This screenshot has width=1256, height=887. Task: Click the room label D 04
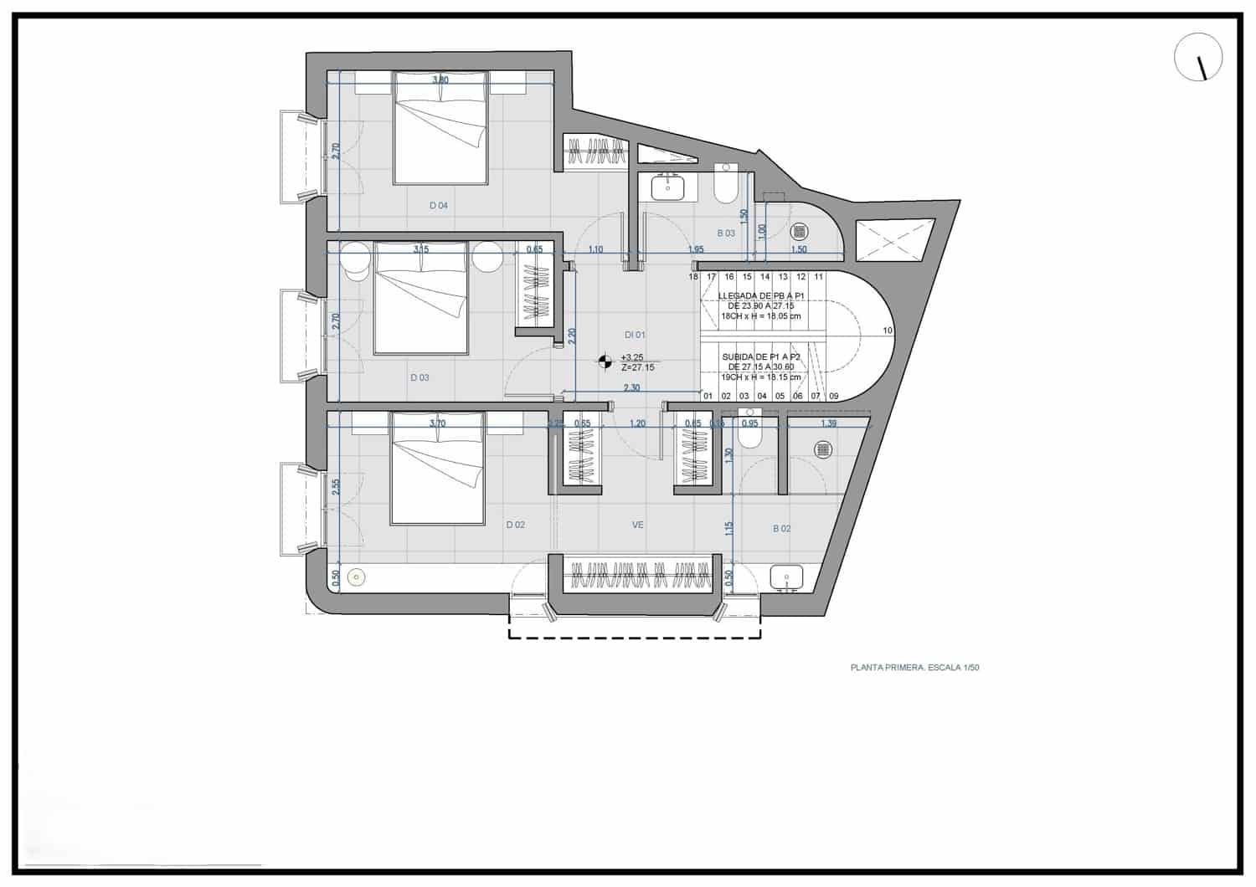[x=438, y=206]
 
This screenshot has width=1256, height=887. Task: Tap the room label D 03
[x=420, y=378]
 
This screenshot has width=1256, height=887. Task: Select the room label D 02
[x=515, y=526]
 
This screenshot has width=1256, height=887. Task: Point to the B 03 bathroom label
[x=725, y=233]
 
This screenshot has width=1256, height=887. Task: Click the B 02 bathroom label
[x=781, y=529]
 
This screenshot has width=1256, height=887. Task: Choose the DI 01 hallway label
[x=634, y=335]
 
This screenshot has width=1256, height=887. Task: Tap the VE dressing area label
[x=637, y=526]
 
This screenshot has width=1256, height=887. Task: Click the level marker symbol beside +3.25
[x=604, y=361]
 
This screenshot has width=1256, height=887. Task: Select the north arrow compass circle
[x=1198, y=58]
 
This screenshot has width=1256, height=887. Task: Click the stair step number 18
[x=693, y=277]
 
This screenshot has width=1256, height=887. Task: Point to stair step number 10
[x=888, y=331]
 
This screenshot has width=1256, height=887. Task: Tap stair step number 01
[x=708, y=397]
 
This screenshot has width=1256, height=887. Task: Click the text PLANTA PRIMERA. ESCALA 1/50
[x=914, y=668]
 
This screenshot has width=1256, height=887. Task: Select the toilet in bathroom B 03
[x=725, y=185]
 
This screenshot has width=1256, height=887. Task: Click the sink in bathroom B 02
[x=785, y=577]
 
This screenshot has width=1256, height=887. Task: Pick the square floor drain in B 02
[x=823, y=450]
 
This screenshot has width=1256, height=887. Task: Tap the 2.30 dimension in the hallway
[x=632, y=387]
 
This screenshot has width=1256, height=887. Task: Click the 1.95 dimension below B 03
[x=696, y=249]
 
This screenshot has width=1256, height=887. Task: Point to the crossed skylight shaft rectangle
[x=894, y=240]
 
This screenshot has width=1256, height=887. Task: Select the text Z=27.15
[x=637, y=367]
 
